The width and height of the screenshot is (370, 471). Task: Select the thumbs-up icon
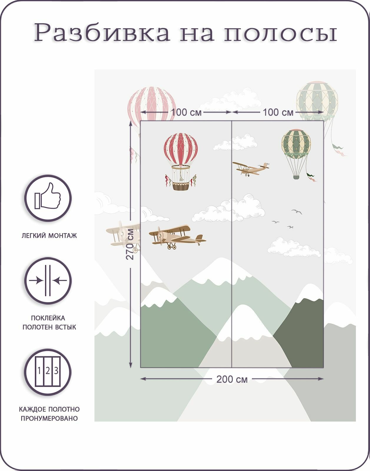48,198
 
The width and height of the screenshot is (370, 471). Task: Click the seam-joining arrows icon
48,280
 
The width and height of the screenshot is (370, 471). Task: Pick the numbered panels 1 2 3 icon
48,372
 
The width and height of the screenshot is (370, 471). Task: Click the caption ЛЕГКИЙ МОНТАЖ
49,236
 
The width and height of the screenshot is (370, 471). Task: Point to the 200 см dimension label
232,379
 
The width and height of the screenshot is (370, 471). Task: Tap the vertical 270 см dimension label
130,244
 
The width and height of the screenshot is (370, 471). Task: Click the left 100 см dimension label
186,112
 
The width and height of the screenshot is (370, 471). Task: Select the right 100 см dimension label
278,112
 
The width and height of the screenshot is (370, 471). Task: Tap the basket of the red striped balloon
181,186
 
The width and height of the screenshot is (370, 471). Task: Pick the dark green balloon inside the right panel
296,144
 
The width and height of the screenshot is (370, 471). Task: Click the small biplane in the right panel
250,169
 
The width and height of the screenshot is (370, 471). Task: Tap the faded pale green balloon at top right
317,100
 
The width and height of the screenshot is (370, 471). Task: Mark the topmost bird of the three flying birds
297,211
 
